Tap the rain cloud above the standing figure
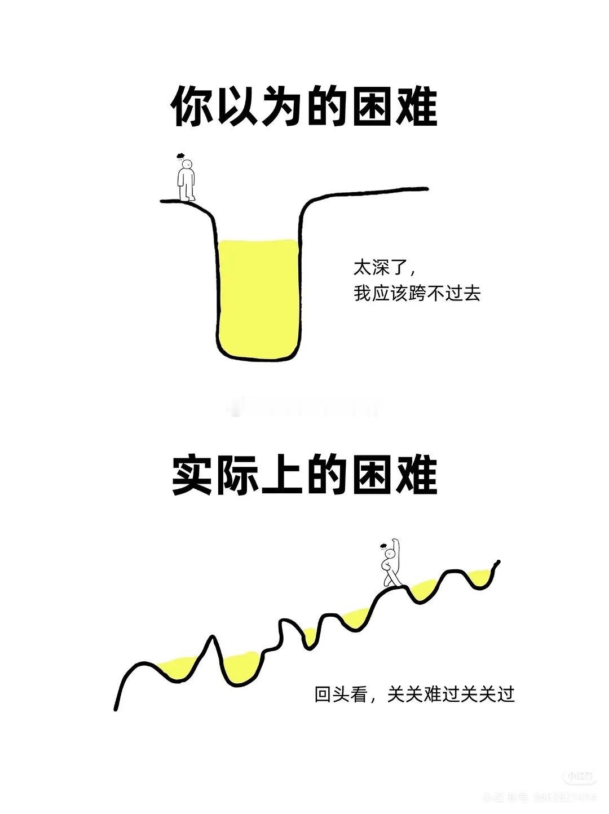click(x=180, y=156)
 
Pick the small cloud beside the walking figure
click(x=383, y=546)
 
